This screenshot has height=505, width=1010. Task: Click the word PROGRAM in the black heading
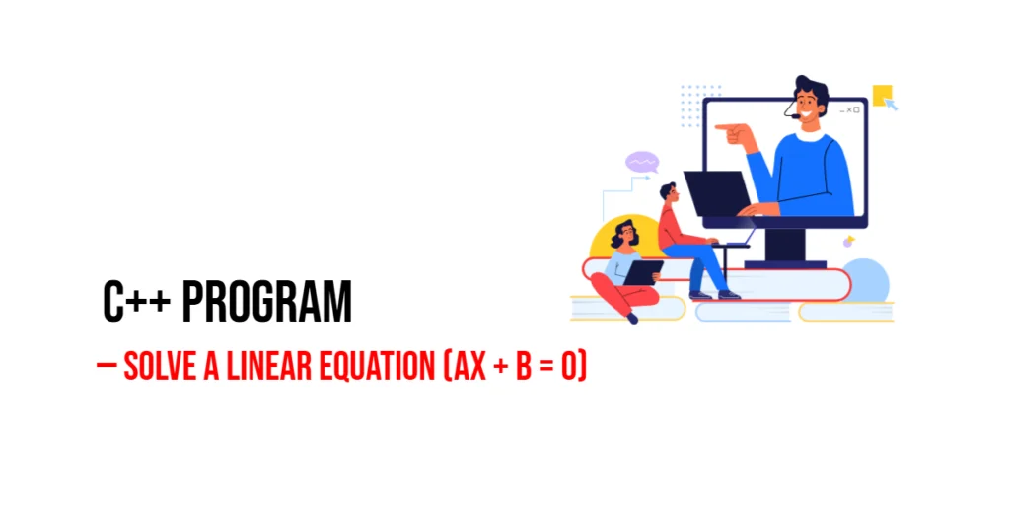[266, 302]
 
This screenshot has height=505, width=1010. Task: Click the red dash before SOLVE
[107, 365]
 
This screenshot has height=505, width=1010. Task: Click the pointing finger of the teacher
[724, 127]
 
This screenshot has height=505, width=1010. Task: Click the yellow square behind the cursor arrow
[882, 94]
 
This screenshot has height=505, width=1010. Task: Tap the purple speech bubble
[642, 162]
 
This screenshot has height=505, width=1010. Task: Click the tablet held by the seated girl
[643, 272]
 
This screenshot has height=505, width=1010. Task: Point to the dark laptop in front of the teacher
[717, 193]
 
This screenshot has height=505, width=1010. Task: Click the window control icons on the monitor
[849, 110]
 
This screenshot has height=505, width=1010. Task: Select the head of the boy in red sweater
[668, 192]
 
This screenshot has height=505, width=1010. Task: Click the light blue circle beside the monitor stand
[865, 280]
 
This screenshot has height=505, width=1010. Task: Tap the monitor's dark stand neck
[785, 245]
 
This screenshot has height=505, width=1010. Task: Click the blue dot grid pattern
[701, 105]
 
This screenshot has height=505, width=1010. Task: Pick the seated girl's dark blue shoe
[632, 318]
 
